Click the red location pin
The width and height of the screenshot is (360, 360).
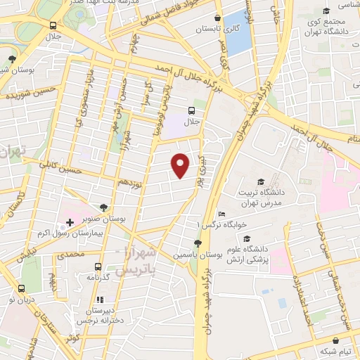181,165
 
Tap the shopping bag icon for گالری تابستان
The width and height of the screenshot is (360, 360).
219,18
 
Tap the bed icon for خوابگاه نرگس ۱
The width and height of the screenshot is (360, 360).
222,214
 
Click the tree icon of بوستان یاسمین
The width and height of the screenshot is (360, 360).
197,244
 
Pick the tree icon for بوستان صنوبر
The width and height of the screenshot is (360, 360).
104,207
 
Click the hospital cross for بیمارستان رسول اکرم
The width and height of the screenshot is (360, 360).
70,242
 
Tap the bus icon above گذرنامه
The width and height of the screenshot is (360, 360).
98,266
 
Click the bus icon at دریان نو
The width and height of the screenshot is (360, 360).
21,288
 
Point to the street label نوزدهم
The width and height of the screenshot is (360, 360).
130,181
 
